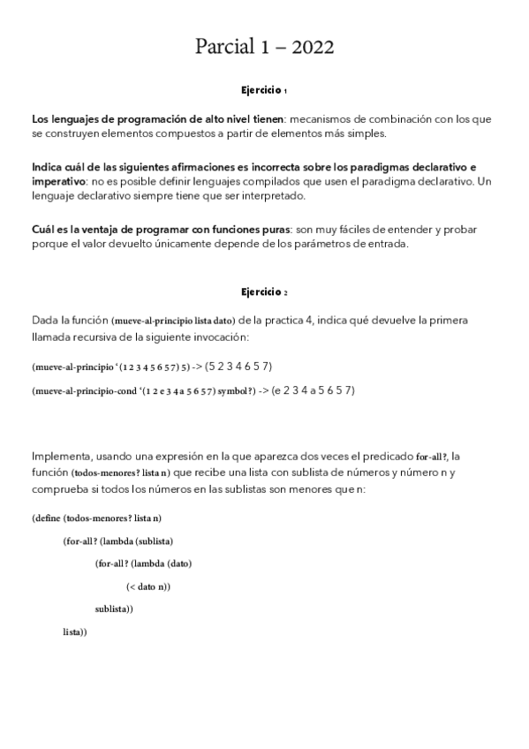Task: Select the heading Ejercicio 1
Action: pyautogui.click(x=264, y=90)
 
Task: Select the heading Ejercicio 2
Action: pyautogui.click(x=264, y=291)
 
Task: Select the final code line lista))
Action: pyautogui.click(x=75, y=632)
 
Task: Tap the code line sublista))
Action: pyautogui.click(x=114, y=609)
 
